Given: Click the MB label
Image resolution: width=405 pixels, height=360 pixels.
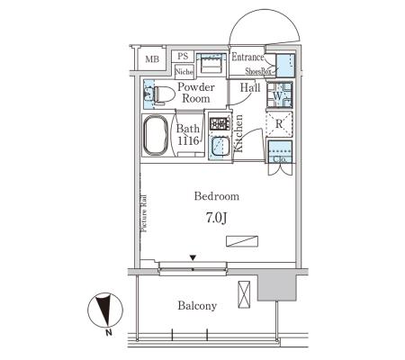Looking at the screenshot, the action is [x=152, y=59].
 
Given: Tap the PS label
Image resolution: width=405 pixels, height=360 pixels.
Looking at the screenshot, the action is [x=183, y=56].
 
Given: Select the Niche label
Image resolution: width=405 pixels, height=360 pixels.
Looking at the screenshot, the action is [x=184, y=72].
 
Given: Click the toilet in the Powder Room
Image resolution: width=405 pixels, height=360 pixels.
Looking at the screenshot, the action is [x=164, y=94].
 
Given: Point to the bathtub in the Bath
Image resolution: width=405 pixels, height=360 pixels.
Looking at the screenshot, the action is [x=156, y=135].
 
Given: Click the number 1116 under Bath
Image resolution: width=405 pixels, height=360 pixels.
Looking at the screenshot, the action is [x=188, y=140].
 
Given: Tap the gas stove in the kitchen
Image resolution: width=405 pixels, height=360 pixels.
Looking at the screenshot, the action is [x=220, y=123].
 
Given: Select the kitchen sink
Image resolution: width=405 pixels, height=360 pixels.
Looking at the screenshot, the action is [x=220, y=147].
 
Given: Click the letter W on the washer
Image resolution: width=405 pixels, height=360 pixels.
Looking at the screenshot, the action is [x=278, y=96].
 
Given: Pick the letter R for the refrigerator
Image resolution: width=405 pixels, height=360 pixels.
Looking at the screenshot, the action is [x=279, y=123].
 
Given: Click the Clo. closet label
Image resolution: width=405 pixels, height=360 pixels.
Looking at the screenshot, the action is [x=279, y=160].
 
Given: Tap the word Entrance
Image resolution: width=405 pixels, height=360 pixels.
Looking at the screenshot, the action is [x=247, y=57].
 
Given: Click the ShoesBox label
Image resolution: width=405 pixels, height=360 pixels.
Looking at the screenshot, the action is [x=258, y=71].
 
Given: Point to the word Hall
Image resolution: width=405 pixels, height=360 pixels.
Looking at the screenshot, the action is [x=250, y=87].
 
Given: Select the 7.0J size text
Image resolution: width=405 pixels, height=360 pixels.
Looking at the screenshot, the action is [x=216, y=218].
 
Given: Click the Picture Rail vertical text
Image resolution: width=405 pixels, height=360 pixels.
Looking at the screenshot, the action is [x=144, y=213].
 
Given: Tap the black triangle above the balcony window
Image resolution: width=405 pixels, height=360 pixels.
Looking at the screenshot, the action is [x=193, y=257].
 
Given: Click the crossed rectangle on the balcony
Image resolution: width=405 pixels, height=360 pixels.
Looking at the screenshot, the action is [x=244, y=294].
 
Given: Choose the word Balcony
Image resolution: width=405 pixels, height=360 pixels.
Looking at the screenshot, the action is [x=197, y=306].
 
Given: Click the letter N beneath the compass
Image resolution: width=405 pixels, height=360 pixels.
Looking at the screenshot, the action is [x=109, y=332].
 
